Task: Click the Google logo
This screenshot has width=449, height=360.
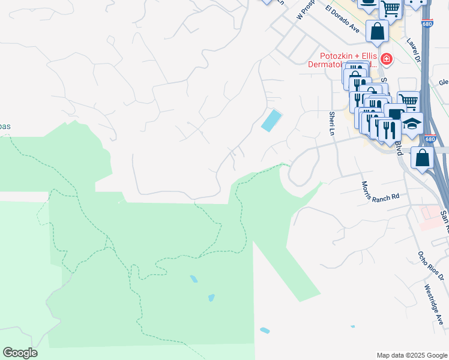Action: tap(20, 353)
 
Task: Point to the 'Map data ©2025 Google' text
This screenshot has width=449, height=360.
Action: tap(411, 355)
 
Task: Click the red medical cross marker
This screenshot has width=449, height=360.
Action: tap(386, 59)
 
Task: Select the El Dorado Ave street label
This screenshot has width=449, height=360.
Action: tap(342, 19)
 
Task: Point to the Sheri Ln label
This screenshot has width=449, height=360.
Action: tap(331, 123)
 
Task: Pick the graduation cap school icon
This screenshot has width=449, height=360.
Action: tap(412, 124)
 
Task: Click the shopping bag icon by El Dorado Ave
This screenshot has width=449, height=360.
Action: tap(378, 31)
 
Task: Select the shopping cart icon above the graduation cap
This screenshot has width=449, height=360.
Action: tap(408, 101)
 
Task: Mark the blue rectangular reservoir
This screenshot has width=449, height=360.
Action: tap(271, 120)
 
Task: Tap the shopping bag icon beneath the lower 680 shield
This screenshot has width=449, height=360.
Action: tap(423, 157)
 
